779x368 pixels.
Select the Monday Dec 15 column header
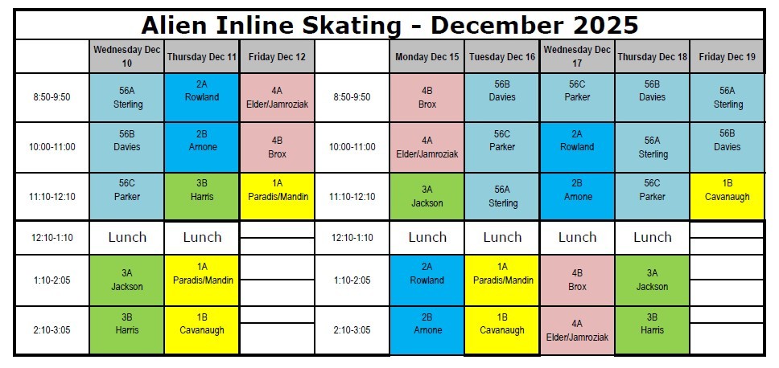pos(427,57)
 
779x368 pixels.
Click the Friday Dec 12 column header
pos(277,57)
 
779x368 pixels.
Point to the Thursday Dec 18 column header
pos(652,57)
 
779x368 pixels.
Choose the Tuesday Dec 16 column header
pos(502,57)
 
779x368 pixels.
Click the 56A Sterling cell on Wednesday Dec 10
pos(127,98)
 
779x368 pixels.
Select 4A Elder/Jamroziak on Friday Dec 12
pos(277,98)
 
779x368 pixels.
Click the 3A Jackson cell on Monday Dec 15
pos(427,197)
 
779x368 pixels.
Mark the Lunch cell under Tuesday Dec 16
pos(502,237)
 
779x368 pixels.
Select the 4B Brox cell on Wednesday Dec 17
pos(577,280)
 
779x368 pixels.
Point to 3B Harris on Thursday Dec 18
pos(652,330)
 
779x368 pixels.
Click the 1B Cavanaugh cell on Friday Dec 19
pos(727,197)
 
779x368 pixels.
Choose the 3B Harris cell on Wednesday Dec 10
pos(127,330)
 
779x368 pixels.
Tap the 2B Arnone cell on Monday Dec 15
pos(427,330)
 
